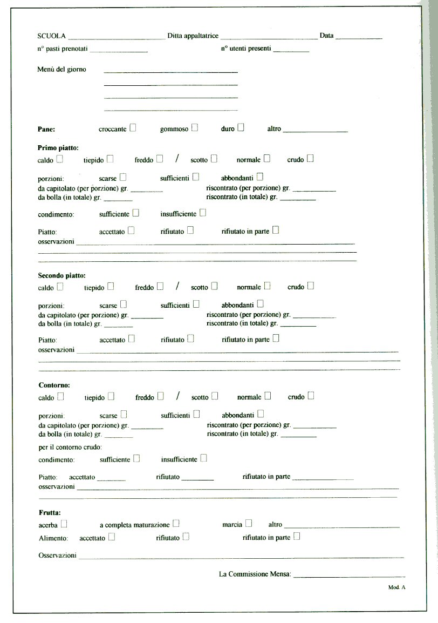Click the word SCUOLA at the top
[x=52, y=36]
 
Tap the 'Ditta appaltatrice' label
[x=193, y=36]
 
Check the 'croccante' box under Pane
[x=133, y=128]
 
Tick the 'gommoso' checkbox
[x=195, y=128]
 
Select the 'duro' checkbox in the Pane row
[x=241, y=128]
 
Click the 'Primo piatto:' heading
[x=58, y=147]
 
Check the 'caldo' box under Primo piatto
[x=60, y=159]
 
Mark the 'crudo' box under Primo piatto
[x=310, y=159]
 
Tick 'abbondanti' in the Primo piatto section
[x=260, y=177]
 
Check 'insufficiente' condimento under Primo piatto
[x=203, y=213]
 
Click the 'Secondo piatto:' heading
[x=62, y=275]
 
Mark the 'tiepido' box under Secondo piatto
[x=111, y=287]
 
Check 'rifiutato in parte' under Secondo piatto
[x=276, y=339]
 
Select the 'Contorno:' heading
[x=54, y=385]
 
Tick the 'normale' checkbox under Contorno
[x=268, y=396]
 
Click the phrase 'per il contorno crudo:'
[x=71, y=447]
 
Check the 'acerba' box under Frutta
[x=64, y=524]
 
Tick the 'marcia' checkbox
[x=249, y=523]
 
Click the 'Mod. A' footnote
[x=396, y=587]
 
